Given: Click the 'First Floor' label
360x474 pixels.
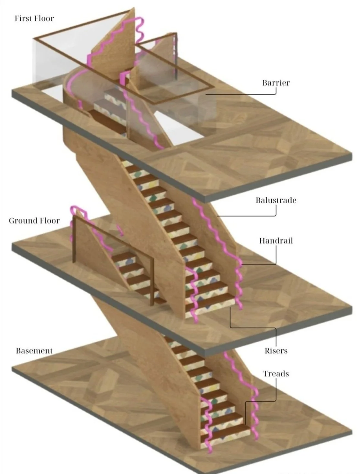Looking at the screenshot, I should pos(34,18).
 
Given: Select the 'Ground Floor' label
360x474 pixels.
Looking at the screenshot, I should pos(34,221).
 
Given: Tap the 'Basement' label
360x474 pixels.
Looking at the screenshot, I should pos(34,351).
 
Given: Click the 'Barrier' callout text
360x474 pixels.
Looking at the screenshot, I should pos(276,83).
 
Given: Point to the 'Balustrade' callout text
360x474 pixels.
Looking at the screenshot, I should pos(276,200).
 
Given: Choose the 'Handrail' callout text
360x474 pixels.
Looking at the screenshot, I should pos(276,241).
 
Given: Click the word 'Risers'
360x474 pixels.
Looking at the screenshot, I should pos(276,351).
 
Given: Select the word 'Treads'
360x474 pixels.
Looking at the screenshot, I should pos(276,374).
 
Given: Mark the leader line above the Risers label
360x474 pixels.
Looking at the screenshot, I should pos(252,327).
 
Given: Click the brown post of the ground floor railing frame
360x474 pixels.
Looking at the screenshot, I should pos(74,239).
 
